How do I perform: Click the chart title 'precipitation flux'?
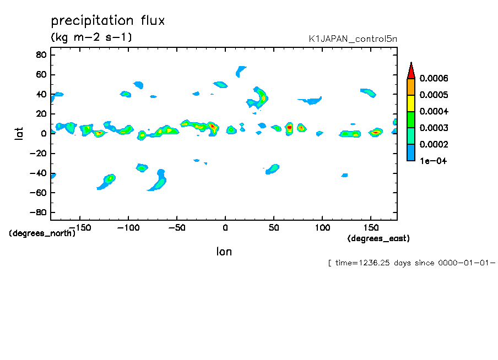coord(108,20)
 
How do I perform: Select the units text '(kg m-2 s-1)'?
coord(91,37)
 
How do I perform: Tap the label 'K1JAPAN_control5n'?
coord(353,39)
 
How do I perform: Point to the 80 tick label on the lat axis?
coord(41,55)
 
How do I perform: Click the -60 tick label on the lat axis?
coord(38,193)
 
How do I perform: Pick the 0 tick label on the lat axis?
coord(44,134)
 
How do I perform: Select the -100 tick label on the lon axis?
coord(128,228)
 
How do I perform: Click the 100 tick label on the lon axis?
coord(322,228)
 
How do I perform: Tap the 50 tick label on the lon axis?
coord(274,228)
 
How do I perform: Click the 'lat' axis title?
coord(19,134)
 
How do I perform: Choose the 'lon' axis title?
coord(224,252)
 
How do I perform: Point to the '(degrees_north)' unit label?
coord(42,233)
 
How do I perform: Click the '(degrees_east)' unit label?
coord(378,238)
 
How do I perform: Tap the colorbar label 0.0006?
coord(434,78)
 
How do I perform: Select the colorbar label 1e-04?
coord(433,161)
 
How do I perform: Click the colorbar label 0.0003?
coord(434,128)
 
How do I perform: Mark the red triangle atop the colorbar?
coord(411,72)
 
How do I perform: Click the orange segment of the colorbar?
coord(411,86)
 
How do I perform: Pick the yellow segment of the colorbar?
coord(411,103)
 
